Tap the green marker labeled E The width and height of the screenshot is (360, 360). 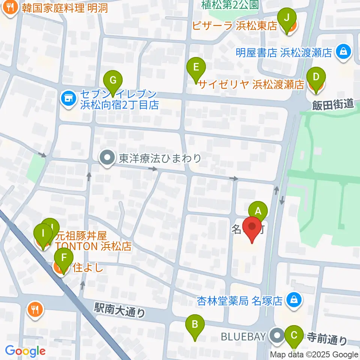[x=196, y=67]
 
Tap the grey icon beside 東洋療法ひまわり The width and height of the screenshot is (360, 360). [x=107, y=158]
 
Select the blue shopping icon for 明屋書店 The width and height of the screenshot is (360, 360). [x=343, y=52]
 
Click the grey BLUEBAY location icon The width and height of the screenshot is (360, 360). [x=277, y=335]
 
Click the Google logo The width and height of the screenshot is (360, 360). [x=25, y=351]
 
